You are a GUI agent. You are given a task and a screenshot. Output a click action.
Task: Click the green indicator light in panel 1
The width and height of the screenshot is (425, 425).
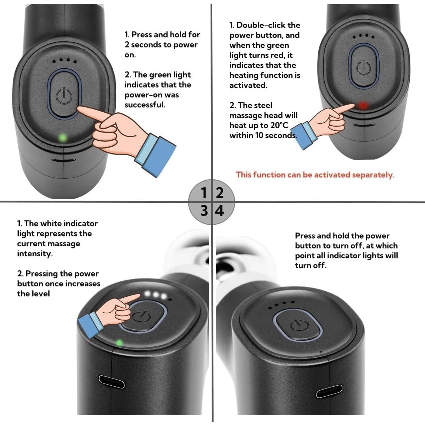click(x=63, y=138)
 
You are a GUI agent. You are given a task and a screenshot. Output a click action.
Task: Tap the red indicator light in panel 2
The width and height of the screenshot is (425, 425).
click(x=363, y=106)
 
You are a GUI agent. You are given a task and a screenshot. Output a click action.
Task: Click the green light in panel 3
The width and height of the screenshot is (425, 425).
click(x=119, y=342)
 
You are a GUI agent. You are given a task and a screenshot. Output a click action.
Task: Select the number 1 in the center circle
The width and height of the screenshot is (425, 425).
click(x=203, y=193)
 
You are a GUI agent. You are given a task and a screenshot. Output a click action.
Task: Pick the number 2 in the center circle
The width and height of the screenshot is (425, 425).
click(x=220, y=193)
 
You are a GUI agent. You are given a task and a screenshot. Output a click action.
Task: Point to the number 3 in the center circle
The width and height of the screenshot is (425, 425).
click(x=204, y=211)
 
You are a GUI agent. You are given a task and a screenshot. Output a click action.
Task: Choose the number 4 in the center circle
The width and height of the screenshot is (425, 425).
click(x=220, y=211)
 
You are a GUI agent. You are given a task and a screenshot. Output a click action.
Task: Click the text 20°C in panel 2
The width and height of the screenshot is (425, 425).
click(x=279, y=125)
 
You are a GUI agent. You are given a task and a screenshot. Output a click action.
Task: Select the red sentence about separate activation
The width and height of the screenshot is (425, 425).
click(x=315, y=175)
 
